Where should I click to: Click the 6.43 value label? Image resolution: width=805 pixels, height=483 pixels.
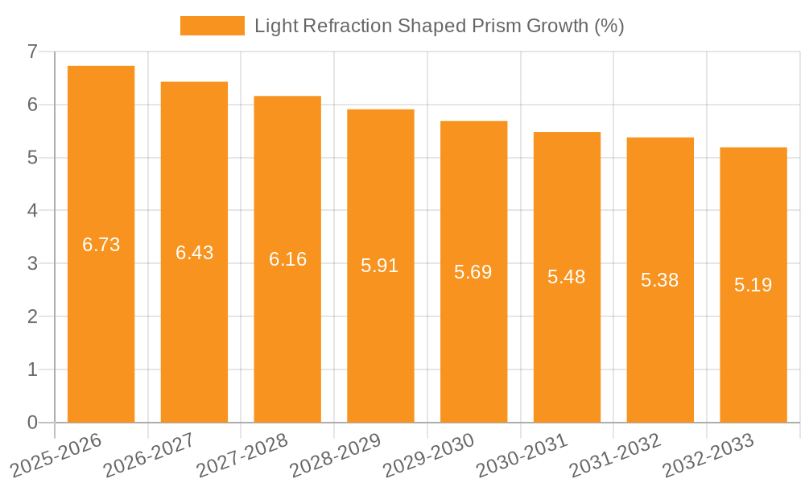[195, 253]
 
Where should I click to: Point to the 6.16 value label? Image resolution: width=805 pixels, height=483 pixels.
[287, 259]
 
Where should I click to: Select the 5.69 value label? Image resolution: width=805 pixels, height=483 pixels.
[473, 272]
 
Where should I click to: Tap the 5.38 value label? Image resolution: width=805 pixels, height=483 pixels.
[659, 280]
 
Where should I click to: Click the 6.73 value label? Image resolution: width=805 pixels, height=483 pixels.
[101, 245]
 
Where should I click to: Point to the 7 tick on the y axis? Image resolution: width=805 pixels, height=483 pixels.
[32, 52]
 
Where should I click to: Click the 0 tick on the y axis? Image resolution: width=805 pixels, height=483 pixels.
[32, 423]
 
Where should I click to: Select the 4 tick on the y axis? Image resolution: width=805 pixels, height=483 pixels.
[32, 211]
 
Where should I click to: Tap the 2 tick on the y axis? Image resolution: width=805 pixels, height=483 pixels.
[32, 316]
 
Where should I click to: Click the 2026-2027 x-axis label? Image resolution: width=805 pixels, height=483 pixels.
[148, 455]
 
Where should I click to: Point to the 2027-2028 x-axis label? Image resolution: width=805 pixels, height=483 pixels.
[242, 455]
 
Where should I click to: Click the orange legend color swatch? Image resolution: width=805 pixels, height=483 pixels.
[212, 26]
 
